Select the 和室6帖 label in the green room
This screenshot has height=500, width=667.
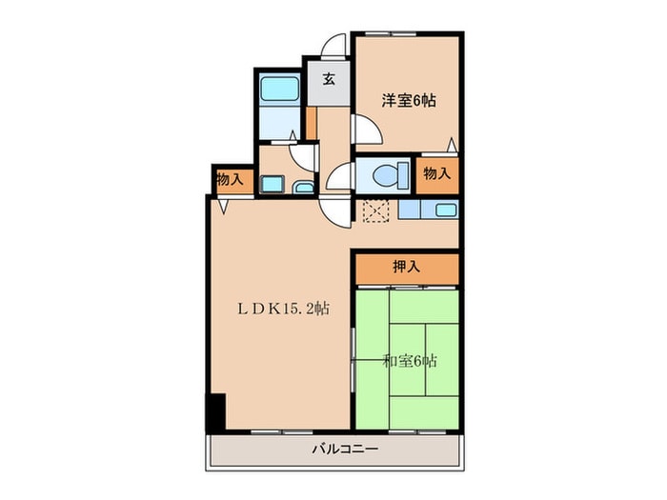(411, 361)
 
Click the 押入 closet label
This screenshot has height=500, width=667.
(406, 268)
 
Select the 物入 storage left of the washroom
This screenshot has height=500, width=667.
(229, 178)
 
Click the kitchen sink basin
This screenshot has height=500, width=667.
(445, 210)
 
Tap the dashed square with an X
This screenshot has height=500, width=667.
(374, 210)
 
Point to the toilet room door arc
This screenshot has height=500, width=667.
(340, 176)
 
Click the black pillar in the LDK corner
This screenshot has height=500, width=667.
(216, 410)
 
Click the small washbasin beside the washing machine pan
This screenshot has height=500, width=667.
(303, 186)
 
